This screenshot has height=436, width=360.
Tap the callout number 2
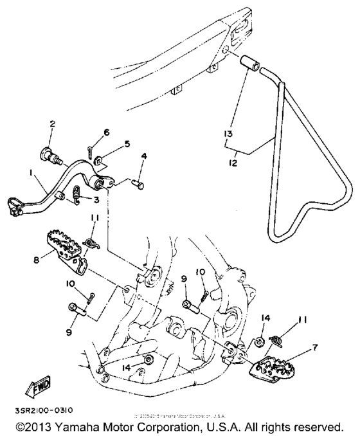(x=52, y=123)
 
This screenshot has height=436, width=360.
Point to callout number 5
(x=127, y=143)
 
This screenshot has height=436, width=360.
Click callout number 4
(x=143, y=156)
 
